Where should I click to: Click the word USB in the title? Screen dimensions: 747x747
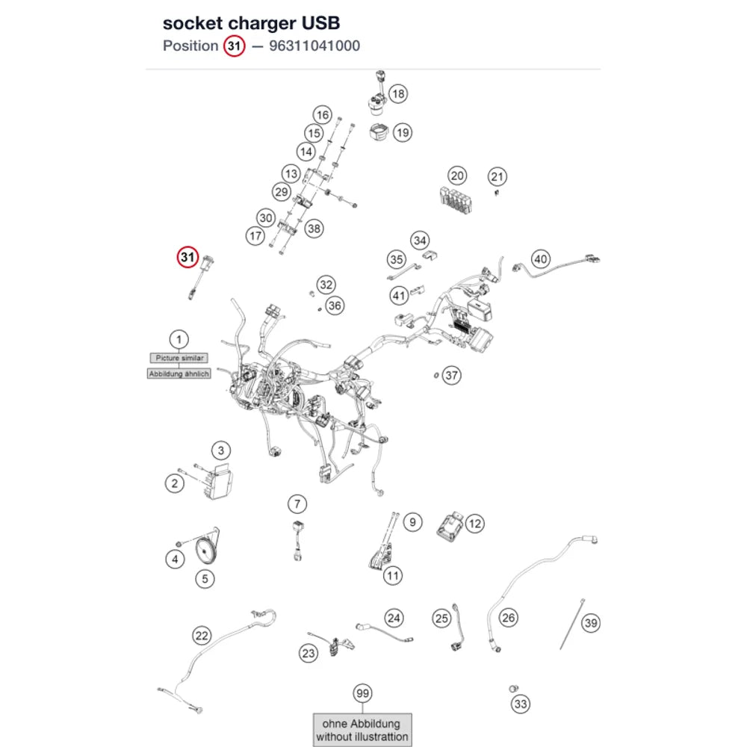coord(321,23)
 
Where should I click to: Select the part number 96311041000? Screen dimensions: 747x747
coord(314,46)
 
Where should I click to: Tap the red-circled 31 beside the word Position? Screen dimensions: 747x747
coord(234,46)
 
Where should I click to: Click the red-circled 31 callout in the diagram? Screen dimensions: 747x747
coord(187,257)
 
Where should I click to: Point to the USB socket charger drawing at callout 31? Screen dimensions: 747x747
coord(200,277)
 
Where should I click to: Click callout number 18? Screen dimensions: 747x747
coord(398,94)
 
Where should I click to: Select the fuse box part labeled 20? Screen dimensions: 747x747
coord(456,199)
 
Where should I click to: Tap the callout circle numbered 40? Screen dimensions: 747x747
coord(540,259)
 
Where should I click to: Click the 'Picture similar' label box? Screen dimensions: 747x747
coord(179,358)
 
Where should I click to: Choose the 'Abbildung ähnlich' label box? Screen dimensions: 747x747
coord(179,374)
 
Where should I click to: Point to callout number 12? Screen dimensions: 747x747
coord(474,524)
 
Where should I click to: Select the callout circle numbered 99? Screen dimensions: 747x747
coord(362,693)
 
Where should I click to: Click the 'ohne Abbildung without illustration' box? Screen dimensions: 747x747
coord(362,730)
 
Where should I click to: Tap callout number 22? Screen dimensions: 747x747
coord(202,636)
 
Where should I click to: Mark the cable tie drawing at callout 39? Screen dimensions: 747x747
coord(571,624)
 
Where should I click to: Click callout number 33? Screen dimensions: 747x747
coord(521,704)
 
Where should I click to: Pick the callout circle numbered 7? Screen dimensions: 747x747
coord(297,503)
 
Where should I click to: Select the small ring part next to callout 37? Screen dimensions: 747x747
coord(436,376)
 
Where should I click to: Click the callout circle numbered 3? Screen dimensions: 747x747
coord(220,450)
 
